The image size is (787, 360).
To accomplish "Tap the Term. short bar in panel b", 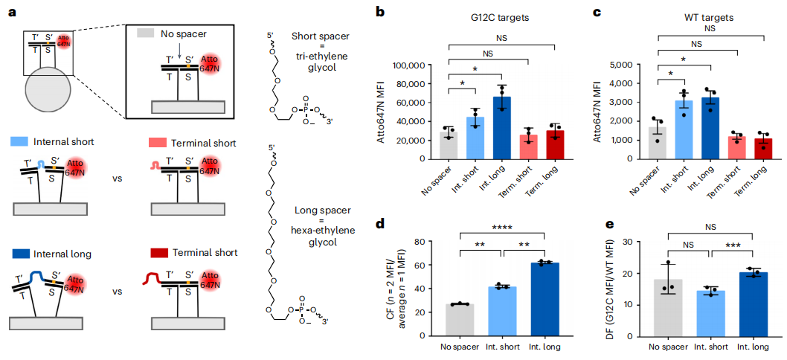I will click(x=530, y=147).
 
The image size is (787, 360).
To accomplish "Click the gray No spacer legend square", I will click(x=147, y=34).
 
